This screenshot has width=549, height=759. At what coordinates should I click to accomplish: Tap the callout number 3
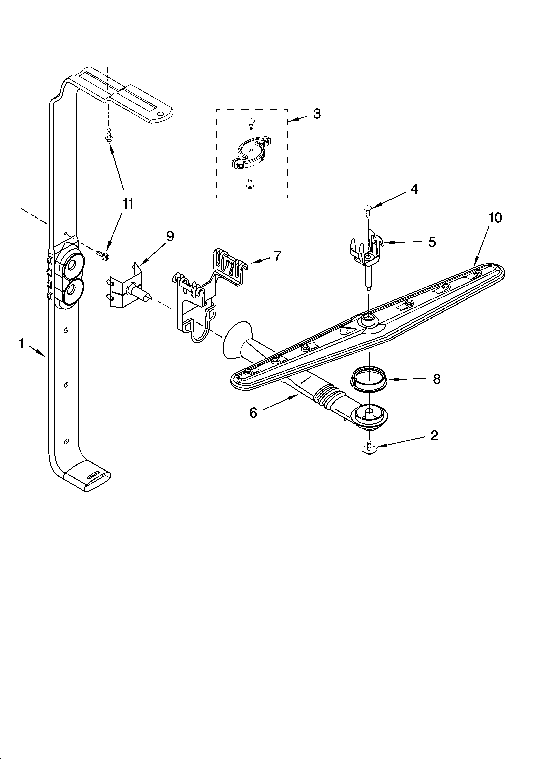pos(317,114)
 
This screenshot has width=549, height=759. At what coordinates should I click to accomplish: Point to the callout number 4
pos(414,189)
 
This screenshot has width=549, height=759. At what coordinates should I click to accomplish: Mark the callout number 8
pos(436,379)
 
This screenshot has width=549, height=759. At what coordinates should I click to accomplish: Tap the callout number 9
pos(170,237)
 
